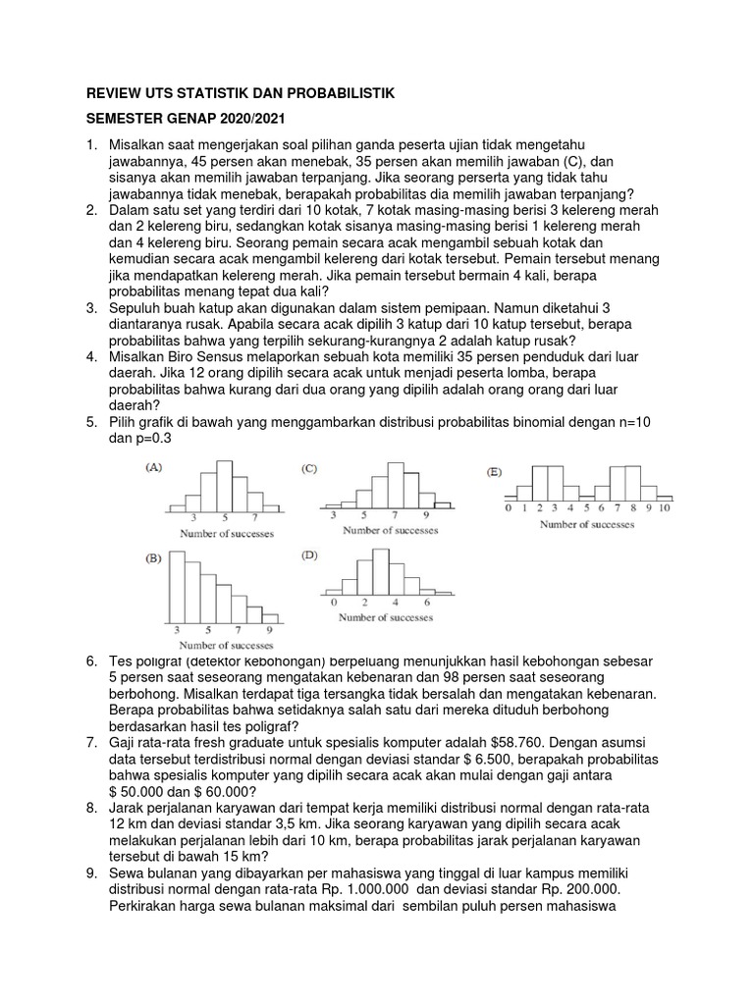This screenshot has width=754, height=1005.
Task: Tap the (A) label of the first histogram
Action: (154, 469)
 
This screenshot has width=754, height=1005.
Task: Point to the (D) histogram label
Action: (309, 555)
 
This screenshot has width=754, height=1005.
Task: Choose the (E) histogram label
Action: (494, 472)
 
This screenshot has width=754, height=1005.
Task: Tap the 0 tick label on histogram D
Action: (334, 601)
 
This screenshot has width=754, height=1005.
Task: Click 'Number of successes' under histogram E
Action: (586, 524)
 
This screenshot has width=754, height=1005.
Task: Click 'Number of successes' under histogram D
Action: (387, 617)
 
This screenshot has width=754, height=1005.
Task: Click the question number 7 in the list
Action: (90, 742)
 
